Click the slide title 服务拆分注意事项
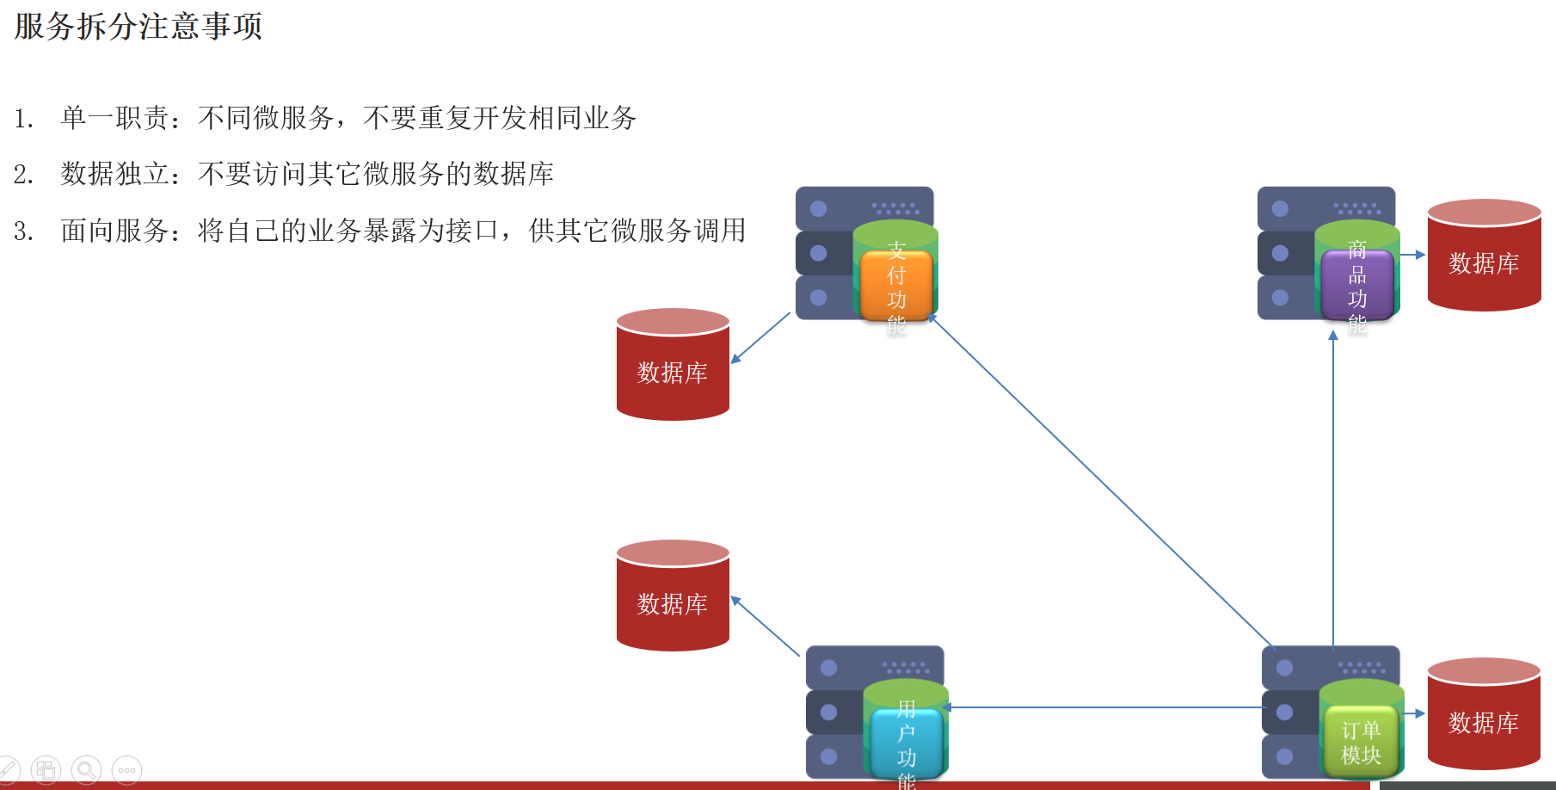click(138, 27)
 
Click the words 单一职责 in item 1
click(115, 118)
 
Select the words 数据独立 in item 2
click(115, 174)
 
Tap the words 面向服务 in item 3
click(115, 231)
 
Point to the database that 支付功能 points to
click(673, 365)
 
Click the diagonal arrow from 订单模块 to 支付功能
click(1101, 482)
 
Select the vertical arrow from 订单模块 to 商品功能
click(1333, 491)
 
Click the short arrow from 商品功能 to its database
click(1412, 255)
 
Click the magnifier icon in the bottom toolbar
click(86, 770)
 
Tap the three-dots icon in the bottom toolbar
click(126, 770)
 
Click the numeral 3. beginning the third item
click(23, 231)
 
